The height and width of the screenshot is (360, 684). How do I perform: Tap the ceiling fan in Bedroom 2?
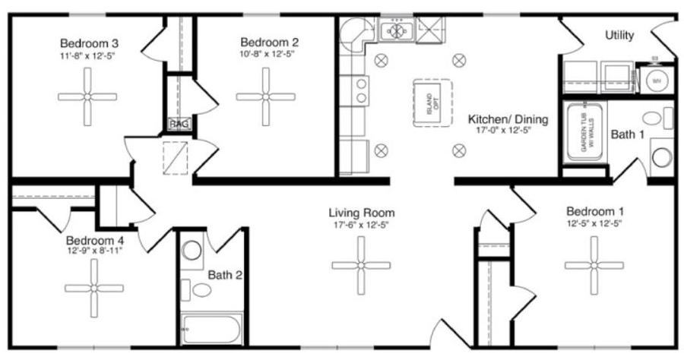point(265,96)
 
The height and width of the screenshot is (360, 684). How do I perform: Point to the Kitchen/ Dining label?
point(508,119)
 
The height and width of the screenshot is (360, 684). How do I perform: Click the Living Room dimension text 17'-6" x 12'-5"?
point(361,226)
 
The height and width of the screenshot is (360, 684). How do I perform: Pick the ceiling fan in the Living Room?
point(361,265)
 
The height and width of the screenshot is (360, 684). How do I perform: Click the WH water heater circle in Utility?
point(654,80)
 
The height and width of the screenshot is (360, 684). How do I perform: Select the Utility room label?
point(619,36)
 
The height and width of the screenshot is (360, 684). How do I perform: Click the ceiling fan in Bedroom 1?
point(594,265)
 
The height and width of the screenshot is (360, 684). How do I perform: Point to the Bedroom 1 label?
point(595,210)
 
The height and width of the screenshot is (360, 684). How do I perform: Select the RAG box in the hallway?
point(179,123)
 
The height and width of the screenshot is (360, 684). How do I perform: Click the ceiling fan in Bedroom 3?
point(87,96)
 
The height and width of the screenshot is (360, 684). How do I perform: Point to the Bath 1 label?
point(627,134)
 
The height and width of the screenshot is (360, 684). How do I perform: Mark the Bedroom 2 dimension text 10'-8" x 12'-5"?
point(268,55)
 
